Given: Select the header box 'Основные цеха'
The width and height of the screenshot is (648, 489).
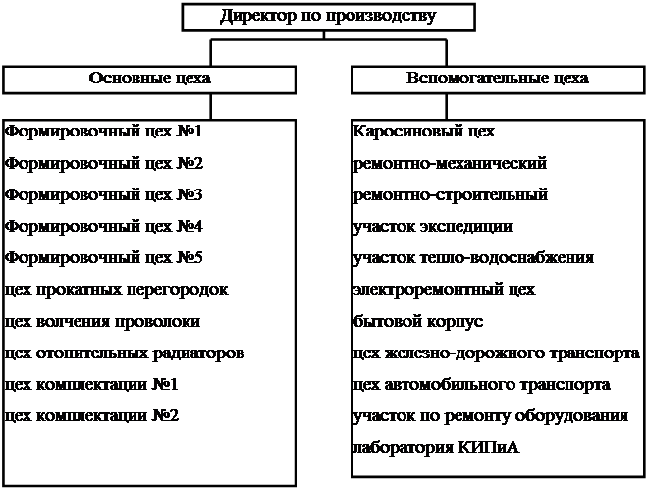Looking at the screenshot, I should tap(150, 80).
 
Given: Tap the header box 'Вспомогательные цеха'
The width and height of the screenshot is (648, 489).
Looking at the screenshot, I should tap(497, 80).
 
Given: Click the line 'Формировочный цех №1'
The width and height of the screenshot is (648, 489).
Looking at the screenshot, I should tap(103, 132).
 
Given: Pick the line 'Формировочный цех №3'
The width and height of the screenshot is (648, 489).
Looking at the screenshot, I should tap(103, 194).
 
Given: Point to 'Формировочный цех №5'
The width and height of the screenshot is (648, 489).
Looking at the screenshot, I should tap(103, 258).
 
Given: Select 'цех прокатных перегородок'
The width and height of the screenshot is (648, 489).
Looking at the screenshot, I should tap(116, 290).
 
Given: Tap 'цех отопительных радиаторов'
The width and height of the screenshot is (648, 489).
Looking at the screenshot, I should tap(124, 353).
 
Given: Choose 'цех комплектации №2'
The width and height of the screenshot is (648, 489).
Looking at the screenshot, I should tap(91, 415).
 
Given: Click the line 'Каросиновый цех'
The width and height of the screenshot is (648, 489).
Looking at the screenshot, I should tap(423, 132).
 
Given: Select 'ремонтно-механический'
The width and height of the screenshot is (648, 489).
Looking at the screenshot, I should tap(450, 163).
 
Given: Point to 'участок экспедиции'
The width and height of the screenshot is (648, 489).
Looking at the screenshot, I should tap(432, 227).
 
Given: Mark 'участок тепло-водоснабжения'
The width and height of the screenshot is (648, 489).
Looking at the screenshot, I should tap(473, 258).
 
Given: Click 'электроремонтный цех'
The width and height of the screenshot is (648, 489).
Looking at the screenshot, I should tap(444, 290).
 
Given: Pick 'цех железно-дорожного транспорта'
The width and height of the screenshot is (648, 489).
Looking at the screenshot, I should tap(498, 353).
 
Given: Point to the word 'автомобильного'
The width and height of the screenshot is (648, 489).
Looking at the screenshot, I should tap(441, 384).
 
